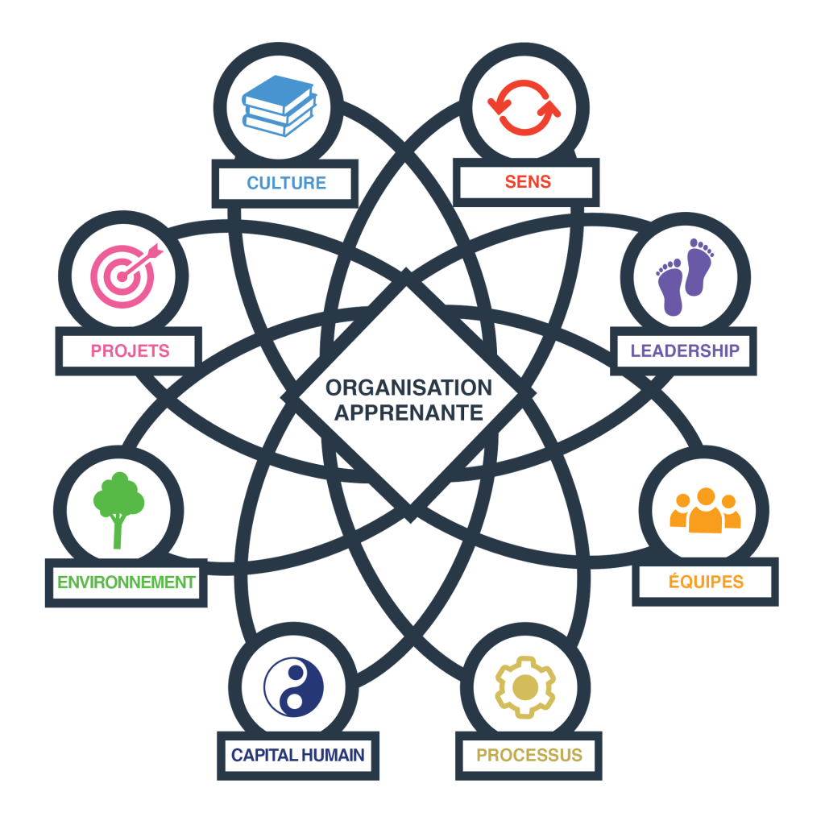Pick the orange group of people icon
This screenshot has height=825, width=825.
click(x=705, y=511)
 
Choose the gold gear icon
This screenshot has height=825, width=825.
click(x=525, y=687)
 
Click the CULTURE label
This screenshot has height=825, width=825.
click(x=286, y=183)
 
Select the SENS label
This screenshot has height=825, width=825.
click(x=528, y=181)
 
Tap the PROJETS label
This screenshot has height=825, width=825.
click(x=130, y=350)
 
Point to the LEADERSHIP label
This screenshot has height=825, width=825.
click(x=684, y=350)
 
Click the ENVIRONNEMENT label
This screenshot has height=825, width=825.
click(x=126, y=582)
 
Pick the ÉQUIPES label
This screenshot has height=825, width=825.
click(x=706, y=582)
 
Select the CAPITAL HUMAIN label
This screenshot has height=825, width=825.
click(x=297, y=756)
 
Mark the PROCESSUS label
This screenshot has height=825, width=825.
click(x=529, y=756)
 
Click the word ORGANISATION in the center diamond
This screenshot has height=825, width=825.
click(x=408, y=388)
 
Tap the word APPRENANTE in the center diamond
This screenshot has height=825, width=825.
click(x=408, y=413)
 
